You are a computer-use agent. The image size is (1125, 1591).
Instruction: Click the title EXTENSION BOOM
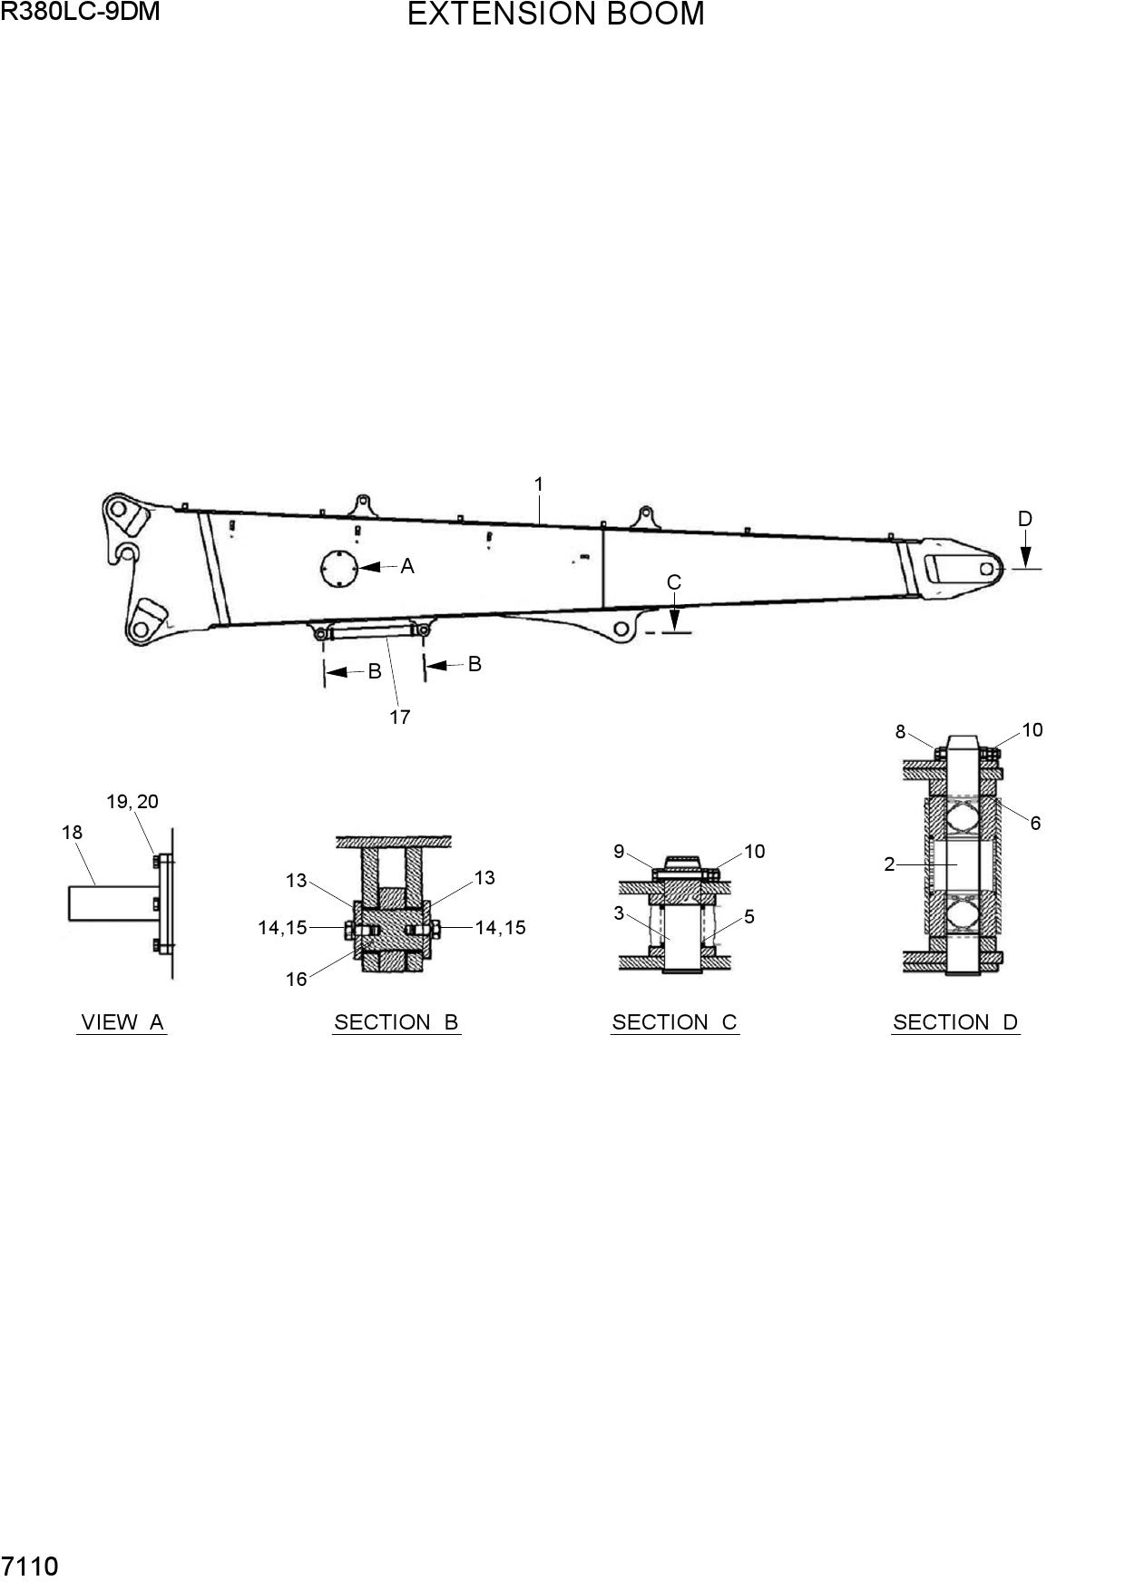(555, 15)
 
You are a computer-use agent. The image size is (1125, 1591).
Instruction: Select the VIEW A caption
(122, 1022)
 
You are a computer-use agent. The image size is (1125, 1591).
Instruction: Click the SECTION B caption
(396, 1022)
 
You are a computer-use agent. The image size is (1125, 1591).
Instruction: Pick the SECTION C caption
(675, 1022)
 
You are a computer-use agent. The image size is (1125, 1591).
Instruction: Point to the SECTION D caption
(955, 1022)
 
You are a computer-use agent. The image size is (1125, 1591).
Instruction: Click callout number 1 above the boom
(539, 484)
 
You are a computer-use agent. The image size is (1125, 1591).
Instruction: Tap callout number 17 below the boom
(400, 717)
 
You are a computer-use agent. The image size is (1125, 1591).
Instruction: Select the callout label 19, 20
(132, 802)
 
